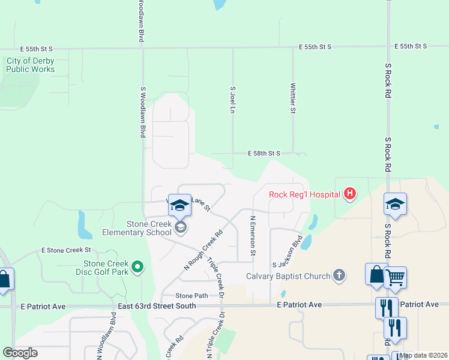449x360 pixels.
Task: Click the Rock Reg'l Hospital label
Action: coord(304,194)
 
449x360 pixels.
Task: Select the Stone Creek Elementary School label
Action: coord(136,228)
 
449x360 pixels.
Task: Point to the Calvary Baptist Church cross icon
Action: coord(339,276)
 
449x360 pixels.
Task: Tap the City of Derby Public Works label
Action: coord(31,65)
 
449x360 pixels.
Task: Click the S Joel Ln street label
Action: coord(233,100)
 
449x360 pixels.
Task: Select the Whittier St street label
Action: coord(293,98)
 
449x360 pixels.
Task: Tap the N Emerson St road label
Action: coord(253,236)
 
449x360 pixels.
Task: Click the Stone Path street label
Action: coord(191,295)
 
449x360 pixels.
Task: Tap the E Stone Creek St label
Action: coord(66,250)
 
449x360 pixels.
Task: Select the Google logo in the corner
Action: coord(20,353)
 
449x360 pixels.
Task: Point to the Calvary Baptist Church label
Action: coord(289,277)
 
